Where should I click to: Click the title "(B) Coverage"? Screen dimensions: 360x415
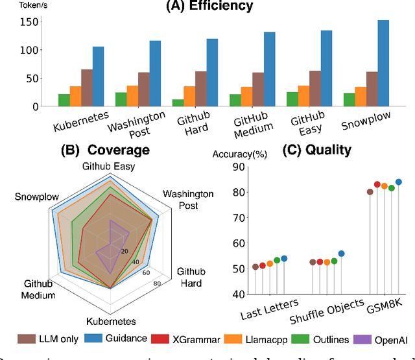pyautogui.click(x=105, y=150)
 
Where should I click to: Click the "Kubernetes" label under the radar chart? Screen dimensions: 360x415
pyautogui.click(x=112, y=321)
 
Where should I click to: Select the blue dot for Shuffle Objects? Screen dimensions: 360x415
pyautogui.click(x=342, y=254)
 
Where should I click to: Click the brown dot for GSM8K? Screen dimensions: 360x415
pyautogui.click(x=370, y=191)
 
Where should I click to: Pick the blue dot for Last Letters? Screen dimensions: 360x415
pyautogui.click(x=283, y=258)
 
